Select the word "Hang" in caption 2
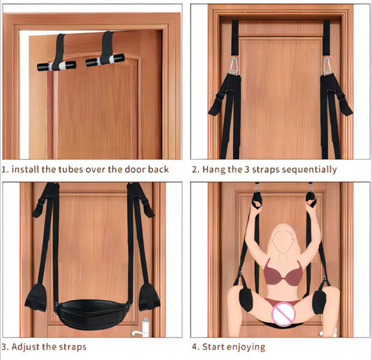214,169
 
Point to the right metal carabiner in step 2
325,67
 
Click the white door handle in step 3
146,326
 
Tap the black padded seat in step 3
88,306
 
